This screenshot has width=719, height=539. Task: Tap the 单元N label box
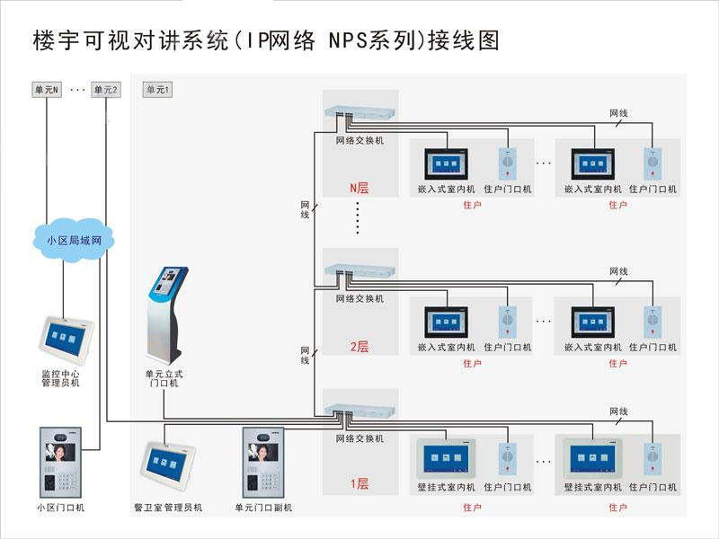click(x=47, y=90)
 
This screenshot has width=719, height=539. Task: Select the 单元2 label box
click(x=105, y=90)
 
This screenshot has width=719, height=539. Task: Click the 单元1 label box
click(x=157, y=90)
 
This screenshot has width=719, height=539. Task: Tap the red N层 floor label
click(x=359, y=189)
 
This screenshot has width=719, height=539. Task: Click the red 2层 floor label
click(x=359, y=347)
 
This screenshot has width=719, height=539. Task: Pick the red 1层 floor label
click(x=359, y=484)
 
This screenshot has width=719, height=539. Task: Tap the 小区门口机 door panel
click(x=61, y=463)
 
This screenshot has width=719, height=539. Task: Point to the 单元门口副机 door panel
click(x=263, y=463)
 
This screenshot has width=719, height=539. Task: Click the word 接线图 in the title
click(x=465, y=40)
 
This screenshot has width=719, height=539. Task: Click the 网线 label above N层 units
click(x=618, y=114)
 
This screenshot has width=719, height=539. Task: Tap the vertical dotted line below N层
click(x=357, y=218)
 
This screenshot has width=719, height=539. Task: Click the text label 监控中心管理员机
click(x=60, y=377)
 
